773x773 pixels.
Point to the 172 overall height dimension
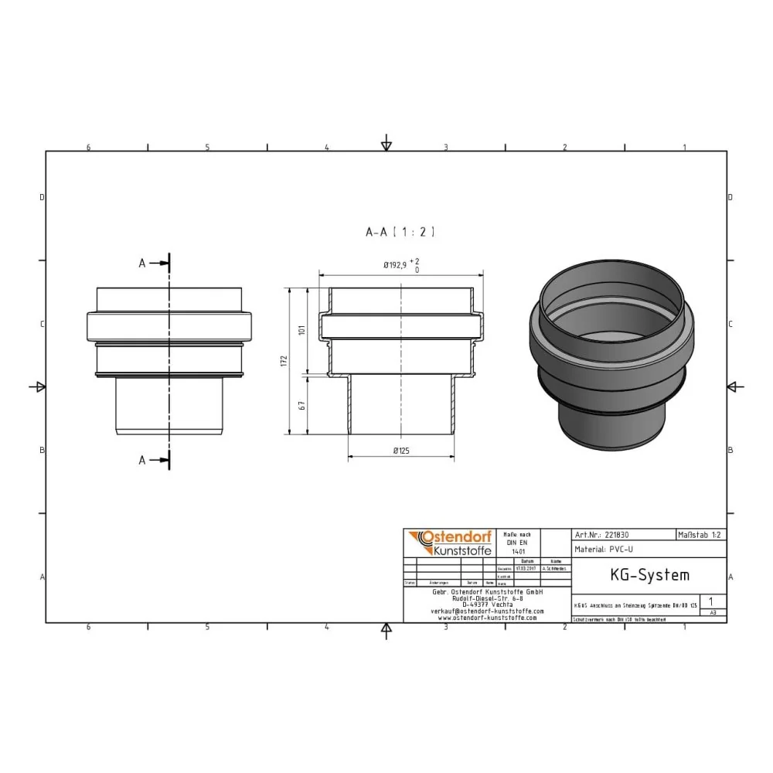[284, 361]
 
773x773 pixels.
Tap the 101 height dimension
[302, 330]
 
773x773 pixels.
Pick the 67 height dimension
[302, 405]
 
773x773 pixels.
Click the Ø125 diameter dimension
[400, 450]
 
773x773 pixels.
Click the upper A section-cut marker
[143, 264]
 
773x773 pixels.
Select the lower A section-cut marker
[143, 460]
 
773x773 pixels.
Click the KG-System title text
[638, 575]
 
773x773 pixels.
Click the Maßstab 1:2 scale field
[700, 534]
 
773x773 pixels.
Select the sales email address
[487, 611]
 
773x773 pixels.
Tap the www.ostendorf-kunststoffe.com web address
[487, 618]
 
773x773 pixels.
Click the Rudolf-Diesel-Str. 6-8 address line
[487, 598]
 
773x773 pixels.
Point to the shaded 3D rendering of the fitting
[611, 359]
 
